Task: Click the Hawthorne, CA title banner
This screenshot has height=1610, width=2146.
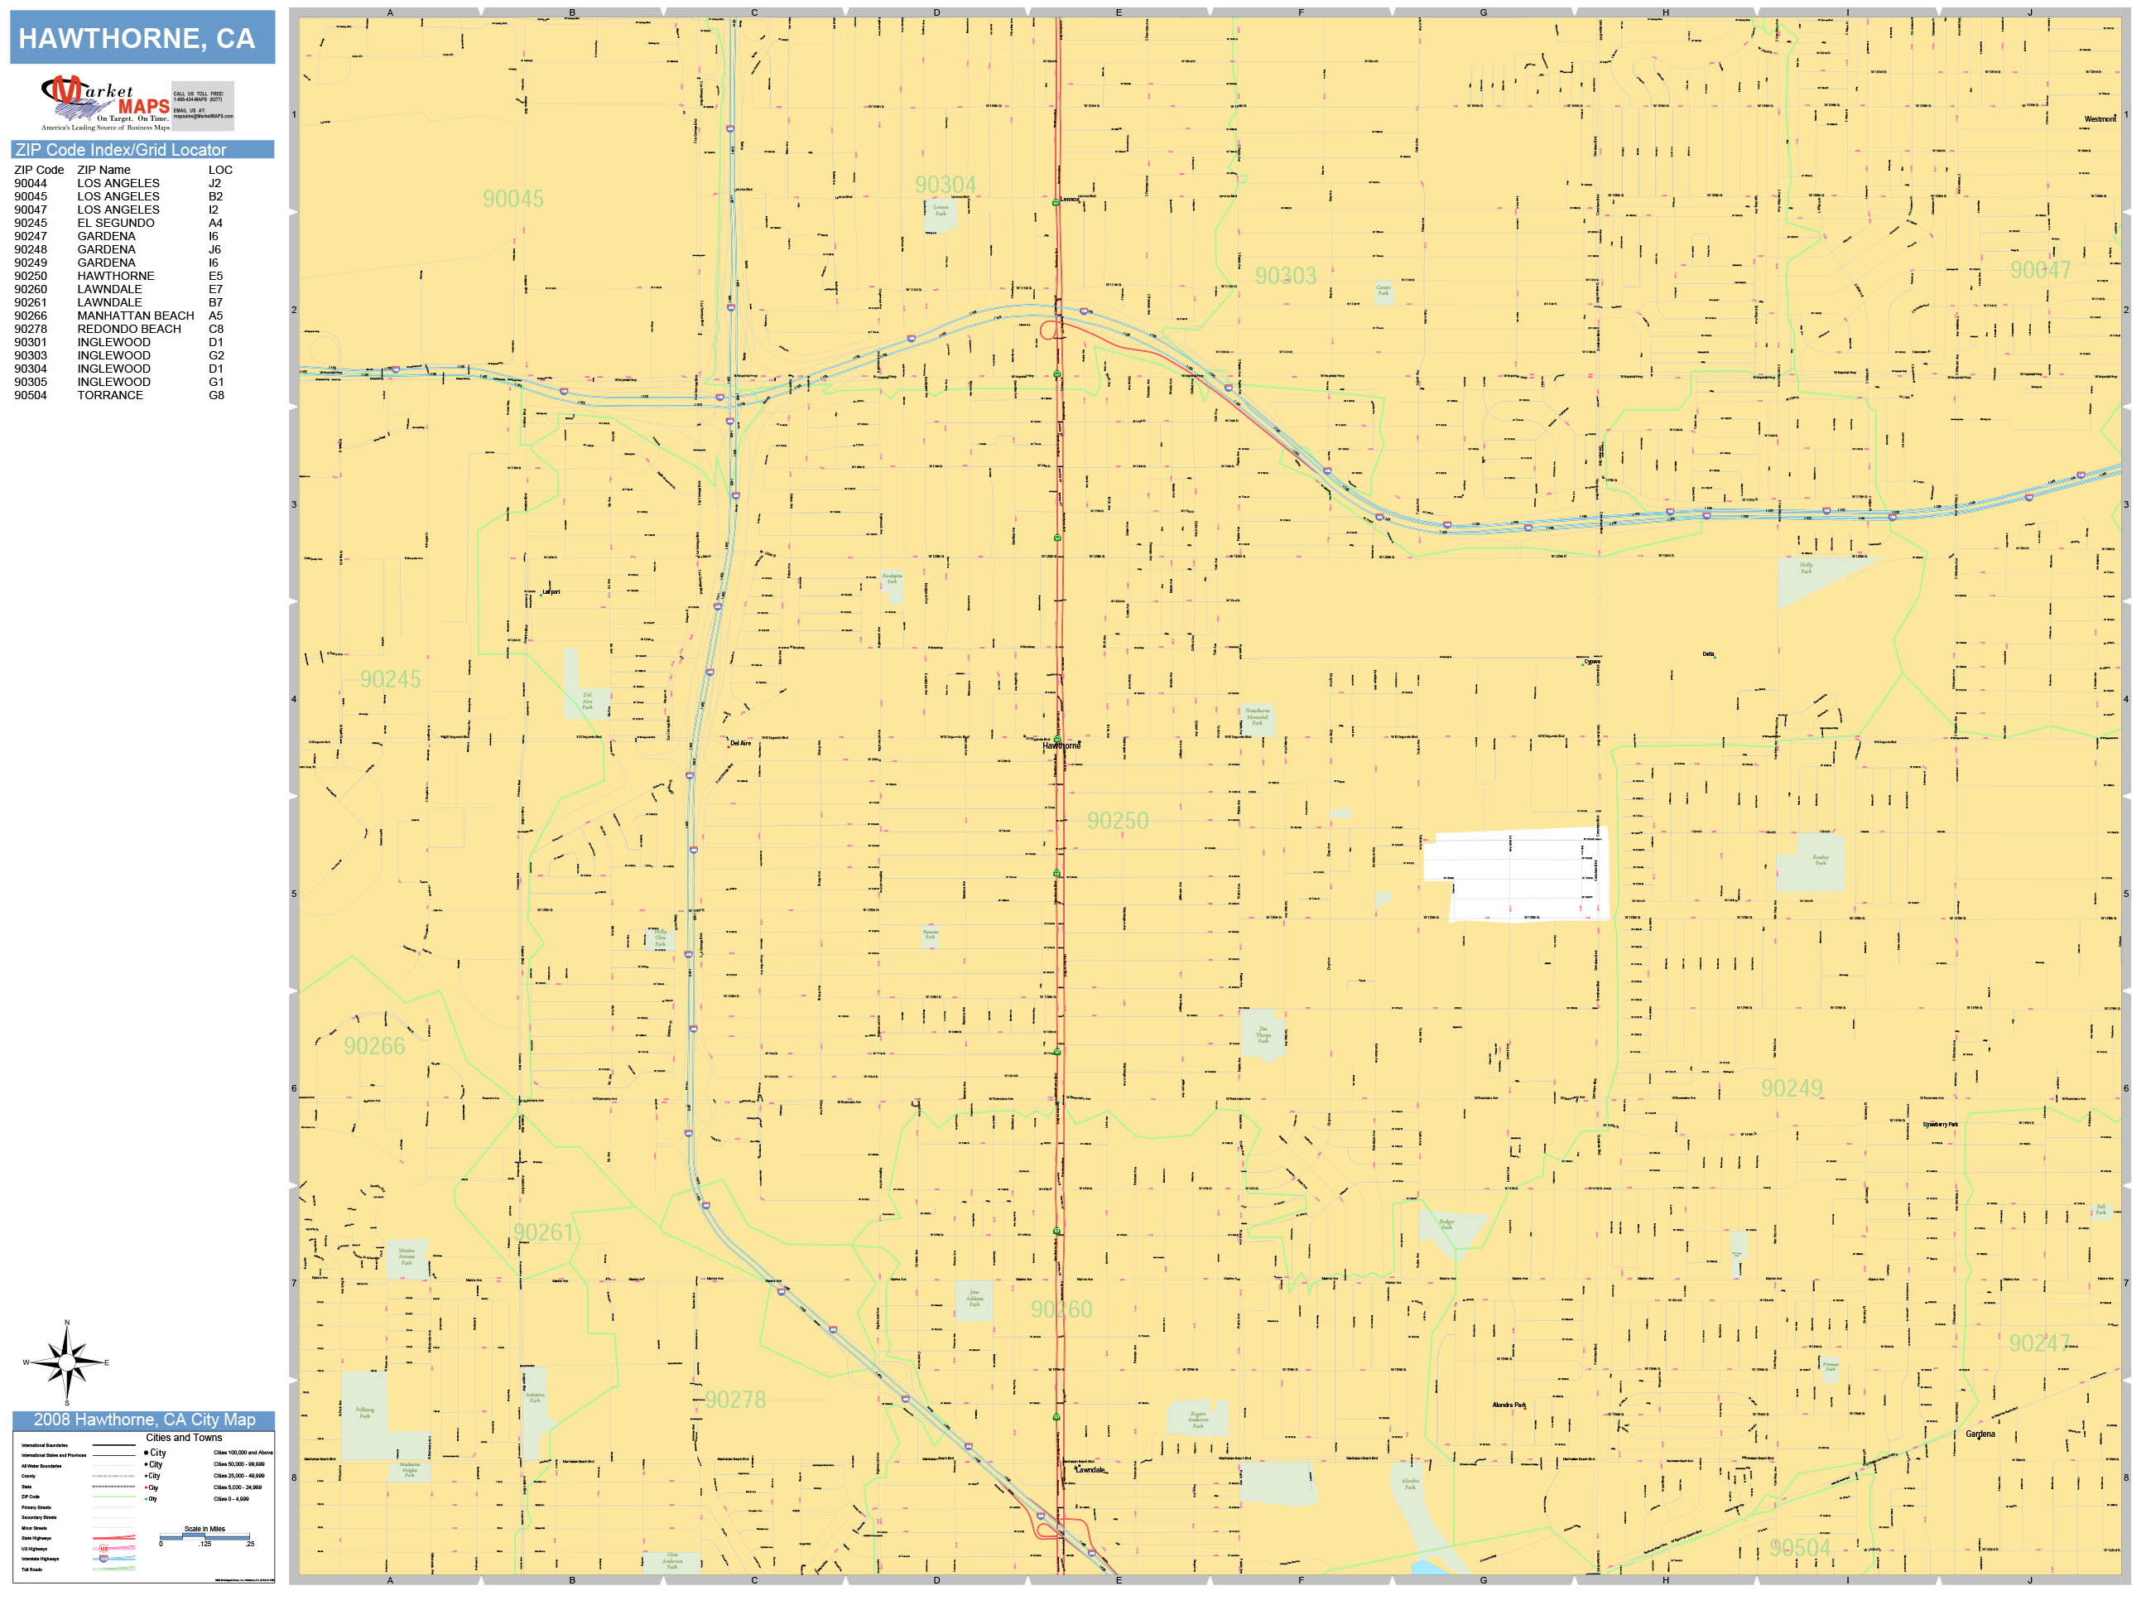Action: pos(142,38)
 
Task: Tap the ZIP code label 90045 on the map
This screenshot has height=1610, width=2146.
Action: pos(513,199)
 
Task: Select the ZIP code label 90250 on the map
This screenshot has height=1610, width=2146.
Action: pos(1117,821)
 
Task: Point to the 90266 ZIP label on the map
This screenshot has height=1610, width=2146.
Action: pos(374,1046)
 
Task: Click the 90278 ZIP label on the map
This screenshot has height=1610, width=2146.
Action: pos(734,1400)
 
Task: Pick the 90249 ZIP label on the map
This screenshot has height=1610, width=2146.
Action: pos(1791,1088)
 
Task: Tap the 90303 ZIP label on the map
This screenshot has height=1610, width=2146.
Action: pos(1286,276)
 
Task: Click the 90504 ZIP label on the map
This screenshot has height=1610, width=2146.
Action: pos(1800,1547)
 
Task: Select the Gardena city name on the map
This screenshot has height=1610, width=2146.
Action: pos(1980,1434)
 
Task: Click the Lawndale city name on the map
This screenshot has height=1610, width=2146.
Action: pos(1090,1469)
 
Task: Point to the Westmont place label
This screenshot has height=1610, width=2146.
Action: pos(2100,119)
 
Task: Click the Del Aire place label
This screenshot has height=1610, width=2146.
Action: pos(740,744)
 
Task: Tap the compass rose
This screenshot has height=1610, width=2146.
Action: pos(66,1362)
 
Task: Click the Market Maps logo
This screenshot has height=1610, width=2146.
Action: pos(105,103)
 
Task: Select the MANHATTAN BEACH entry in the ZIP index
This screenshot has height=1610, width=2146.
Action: pos(135,316)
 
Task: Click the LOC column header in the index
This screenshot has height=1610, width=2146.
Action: pos(220,170)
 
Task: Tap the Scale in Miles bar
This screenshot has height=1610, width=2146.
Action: pos(204,1536)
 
